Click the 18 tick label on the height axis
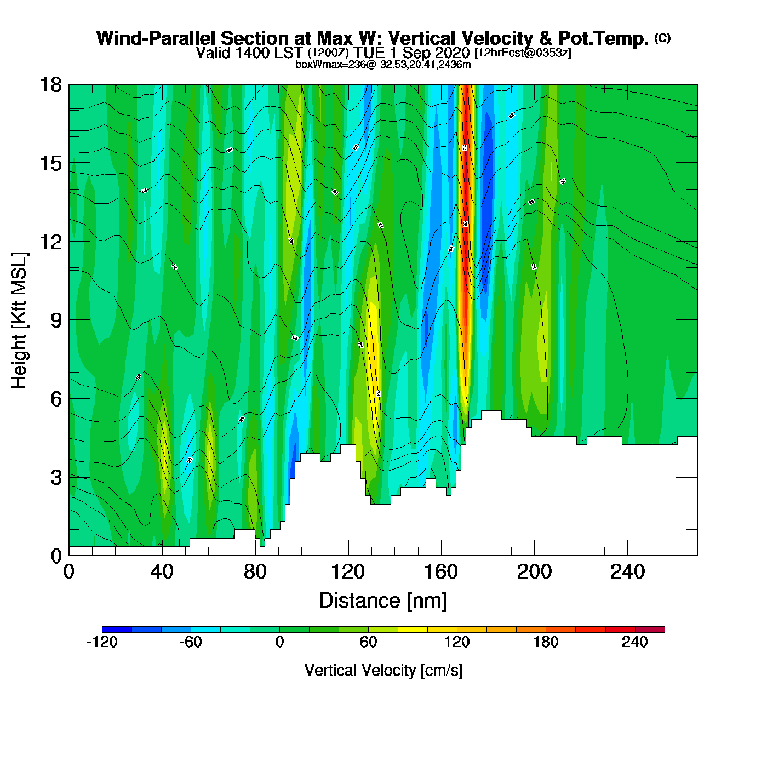50,85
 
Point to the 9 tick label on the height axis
56,320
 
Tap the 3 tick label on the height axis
56,478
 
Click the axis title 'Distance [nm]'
383,601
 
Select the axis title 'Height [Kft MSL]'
19,320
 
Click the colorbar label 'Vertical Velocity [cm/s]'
383,671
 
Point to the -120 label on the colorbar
102,642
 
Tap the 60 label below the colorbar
368,642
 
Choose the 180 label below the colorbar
546,642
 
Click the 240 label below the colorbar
634,642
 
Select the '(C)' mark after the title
662,38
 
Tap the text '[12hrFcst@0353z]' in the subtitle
523,53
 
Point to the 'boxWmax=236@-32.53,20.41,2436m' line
383,65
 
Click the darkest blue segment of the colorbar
117,629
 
